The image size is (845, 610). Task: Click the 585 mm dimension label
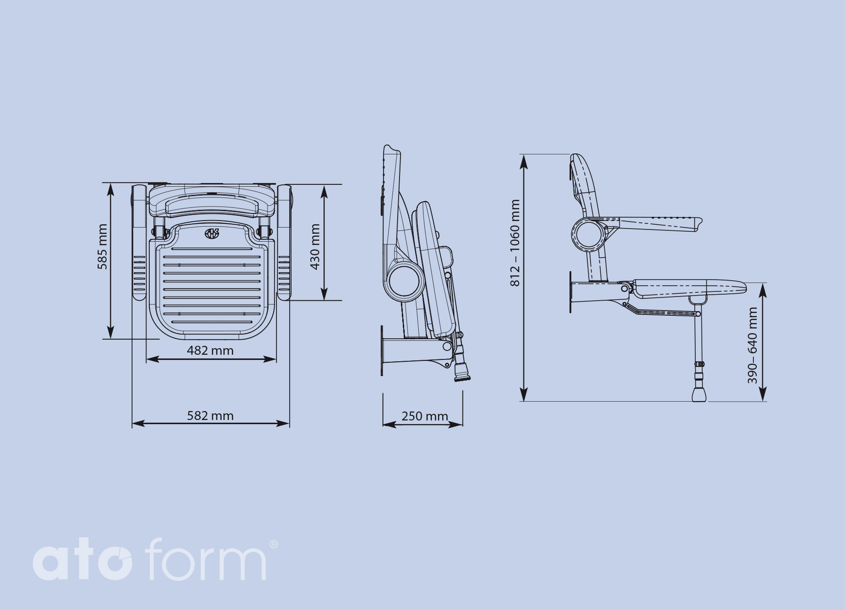pyautogui.click(x=102, y=247)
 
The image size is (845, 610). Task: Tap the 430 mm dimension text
pyautogui.click(x=315, y=247)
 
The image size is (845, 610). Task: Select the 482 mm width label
pyautogui.click(x=210, y=351)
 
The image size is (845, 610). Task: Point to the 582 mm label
pyautogui.click(x=210, y=416)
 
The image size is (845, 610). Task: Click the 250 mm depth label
pyautogui.click(x=425, y=416)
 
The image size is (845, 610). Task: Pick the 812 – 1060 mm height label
pyautogui.click(x=515, y=243)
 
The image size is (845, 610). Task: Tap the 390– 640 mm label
pyautogui.click(x=753, y=345)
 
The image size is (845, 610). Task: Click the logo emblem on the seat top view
pyautogui.click(x=212, y=233)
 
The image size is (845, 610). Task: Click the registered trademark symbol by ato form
pyautogui.click(x=274, y=544)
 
